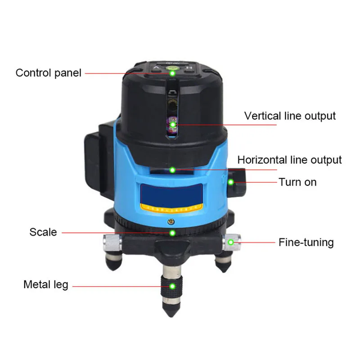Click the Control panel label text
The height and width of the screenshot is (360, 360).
pos(48,73)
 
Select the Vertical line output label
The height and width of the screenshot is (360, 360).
pos(290,116)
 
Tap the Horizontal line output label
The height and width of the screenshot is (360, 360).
pos(289,160)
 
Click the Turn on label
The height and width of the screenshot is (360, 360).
pos(297,182)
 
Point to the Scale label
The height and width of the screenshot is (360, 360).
pos(43,232)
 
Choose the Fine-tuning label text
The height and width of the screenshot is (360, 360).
pos(306,243)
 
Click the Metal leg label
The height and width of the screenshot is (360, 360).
pos(46,285)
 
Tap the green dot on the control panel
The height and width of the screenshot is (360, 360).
pos(173,72)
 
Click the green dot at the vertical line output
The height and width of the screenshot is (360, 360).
pos(172,122)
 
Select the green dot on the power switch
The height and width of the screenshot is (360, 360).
pos(230,182)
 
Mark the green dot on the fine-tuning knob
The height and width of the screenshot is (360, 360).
pos(230,243)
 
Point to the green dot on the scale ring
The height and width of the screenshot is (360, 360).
pos(172,233)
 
